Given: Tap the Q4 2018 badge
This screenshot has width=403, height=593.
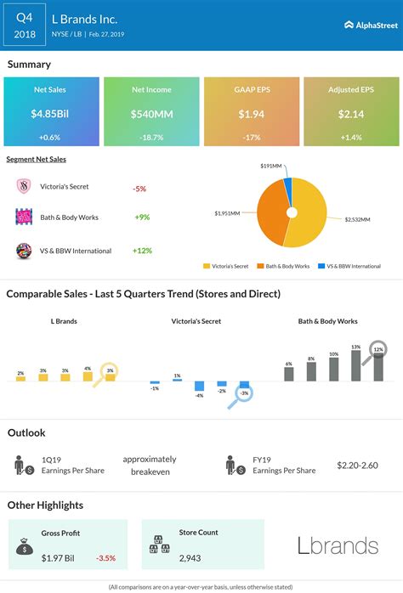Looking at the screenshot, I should coord(25,25).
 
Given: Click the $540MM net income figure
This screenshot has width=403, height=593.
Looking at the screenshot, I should coord(151,114).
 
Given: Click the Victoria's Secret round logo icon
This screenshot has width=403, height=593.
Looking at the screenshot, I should coord(25,187).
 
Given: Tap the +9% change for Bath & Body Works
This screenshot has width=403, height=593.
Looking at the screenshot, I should coord(141,217).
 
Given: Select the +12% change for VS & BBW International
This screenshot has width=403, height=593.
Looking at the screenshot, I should coord(143,251).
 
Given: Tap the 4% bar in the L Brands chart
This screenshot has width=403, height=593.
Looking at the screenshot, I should coord(88,376).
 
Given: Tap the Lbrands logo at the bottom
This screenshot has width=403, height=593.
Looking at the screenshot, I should coord(338,545).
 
